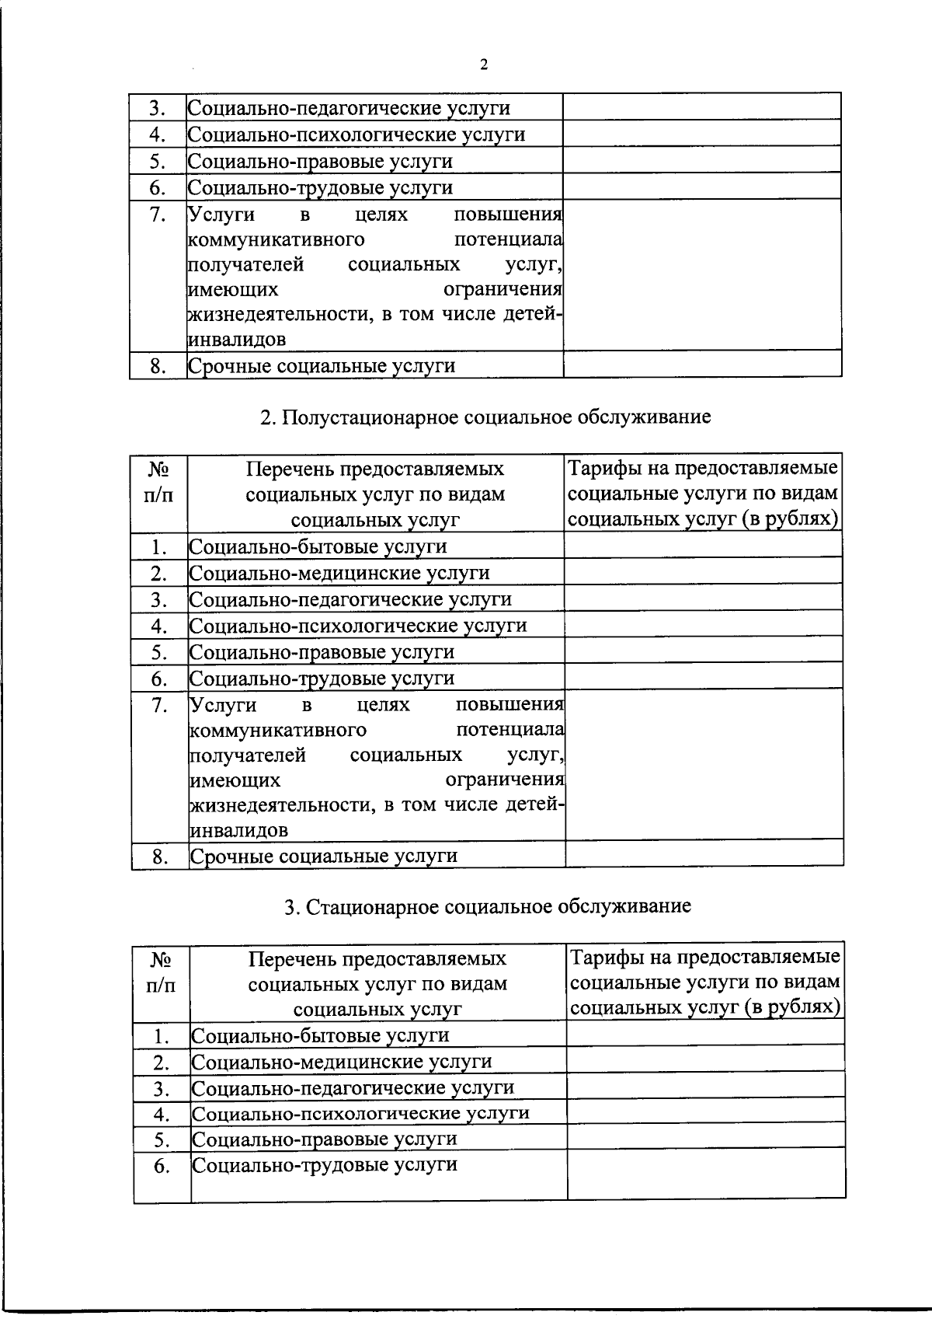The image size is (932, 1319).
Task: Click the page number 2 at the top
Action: pos(484,65)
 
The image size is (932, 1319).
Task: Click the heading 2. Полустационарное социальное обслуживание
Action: pos(485,417)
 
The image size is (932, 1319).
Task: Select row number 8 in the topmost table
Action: pos(158,366)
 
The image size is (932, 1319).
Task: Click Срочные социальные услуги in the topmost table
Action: pos(322,366)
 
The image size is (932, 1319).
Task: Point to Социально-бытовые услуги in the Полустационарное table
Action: pos(318,546)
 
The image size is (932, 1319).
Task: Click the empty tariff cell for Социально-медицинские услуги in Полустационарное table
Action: pos(704,573)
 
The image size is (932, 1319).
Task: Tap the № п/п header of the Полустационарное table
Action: pos(159,482)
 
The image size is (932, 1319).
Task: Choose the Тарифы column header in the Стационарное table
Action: pos(705,982)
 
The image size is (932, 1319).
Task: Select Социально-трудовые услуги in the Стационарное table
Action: pos(325,1164)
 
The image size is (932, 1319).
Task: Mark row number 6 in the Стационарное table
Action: pos(162,1166)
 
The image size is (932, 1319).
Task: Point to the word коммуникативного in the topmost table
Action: pos(277,239)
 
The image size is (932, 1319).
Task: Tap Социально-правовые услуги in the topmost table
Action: pos(320,162)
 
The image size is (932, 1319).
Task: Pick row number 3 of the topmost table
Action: pos(158,109)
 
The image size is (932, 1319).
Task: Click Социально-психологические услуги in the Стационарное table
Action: pos(360,1113)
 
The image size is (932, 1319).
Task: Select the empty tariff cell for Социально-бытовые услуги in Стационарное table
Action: pos(705,1034)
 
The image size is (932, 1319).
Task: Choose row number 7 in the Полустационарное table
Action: pos(160,706)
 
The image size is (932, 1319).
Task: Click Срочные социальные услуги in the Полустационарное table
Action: pos(324,857)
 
